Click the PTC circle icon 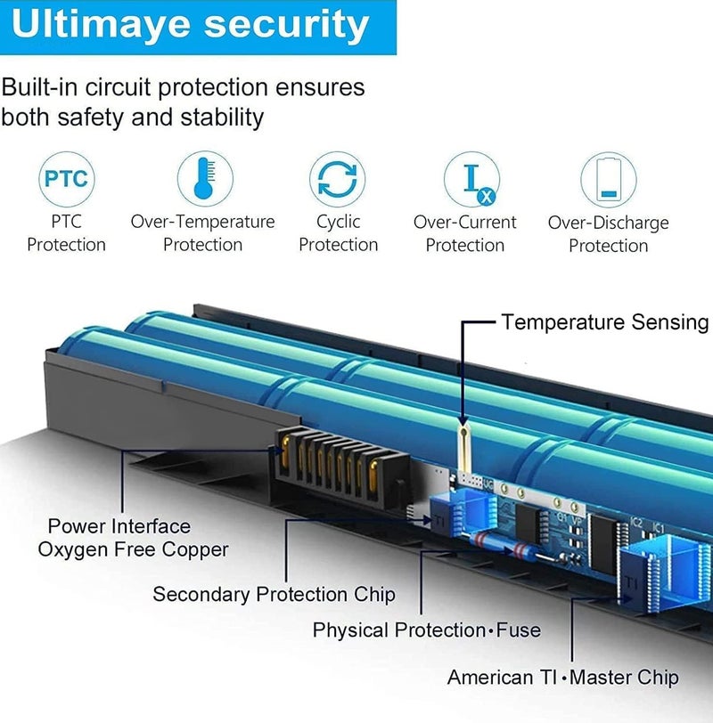pyautogui.click(x=67, y=179)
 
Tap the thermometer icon pyautogui.click(x=205, y=178)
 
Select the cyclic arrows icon pyautogui.click(x=338, y=179)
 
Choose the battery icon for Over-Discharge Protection pyautogui.click(x=608, y=180)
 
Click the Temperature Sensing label pyautogui.click(x=605, y=322)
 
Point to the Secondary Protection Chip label pyautogui.click(x=275, y=594)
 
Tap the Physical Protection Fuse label pyautogui.click(x=427, y=630)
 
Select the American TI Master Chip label pyautogui.click(x=563, y=678)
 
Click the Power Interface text pyautogui.click(x=119, y=526)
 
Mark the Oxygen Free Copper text pyautogui.click(x=134, y=549)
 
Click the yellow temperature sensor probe pyautogui.click(x=463, y=447)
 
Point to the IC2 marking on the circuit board pyautogui.click(x=636, y=523)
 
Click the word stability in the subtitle pyautogui.click(x=222, y=118)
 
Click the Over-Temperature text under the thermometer pyautogui.click(x=202, y=222)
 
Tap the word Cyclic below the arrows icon pyautogui.click(x=339, y=223)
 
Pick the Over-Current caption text pyautogui.click(x=464, y=223)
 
